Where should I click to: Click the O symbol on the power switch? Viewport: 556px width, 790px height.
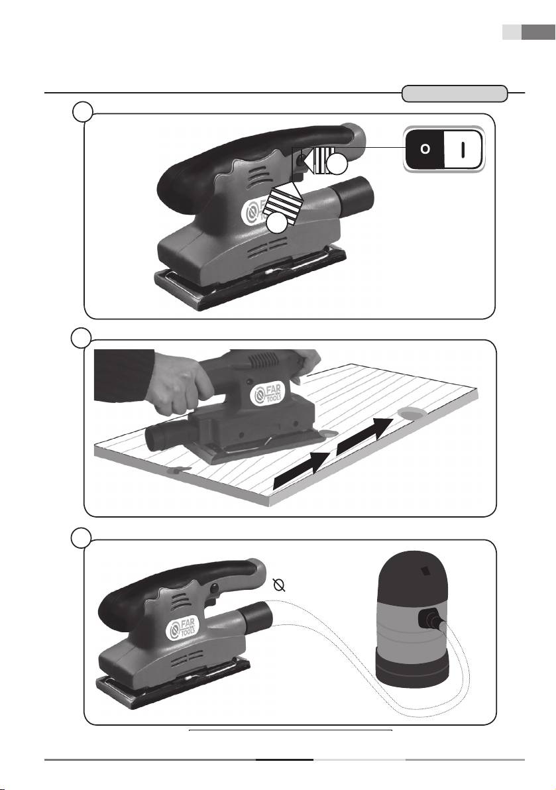tap(425, 149)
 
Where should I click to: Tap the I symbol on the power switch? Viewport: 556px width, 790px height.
tap(463, 149)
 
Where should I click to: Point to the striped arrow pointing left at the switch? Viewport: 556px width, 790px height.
tap(316, 161)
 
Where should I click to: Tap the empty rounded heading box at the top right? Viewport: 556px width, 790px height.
tap(454, 93)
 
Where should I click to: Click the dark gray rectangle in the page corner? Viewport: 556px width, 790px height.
tap(538, 32)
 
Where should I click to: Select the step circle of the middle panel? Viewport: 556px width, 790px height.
tap(82, 337)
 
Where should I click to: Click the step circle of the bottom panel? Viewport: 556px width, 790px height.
tap(82, 537)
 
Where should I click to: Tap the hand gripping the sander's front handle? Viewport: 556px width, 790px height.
tap(182, 381)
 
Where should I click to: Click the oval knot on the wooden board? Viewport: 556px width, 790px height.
tap(412, 413)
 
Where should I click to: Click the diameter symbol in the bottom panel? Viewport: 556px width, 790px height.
tap(279, 585)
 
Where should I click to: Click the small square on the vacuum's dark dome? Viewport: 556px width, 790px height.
tap(425, 571)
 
